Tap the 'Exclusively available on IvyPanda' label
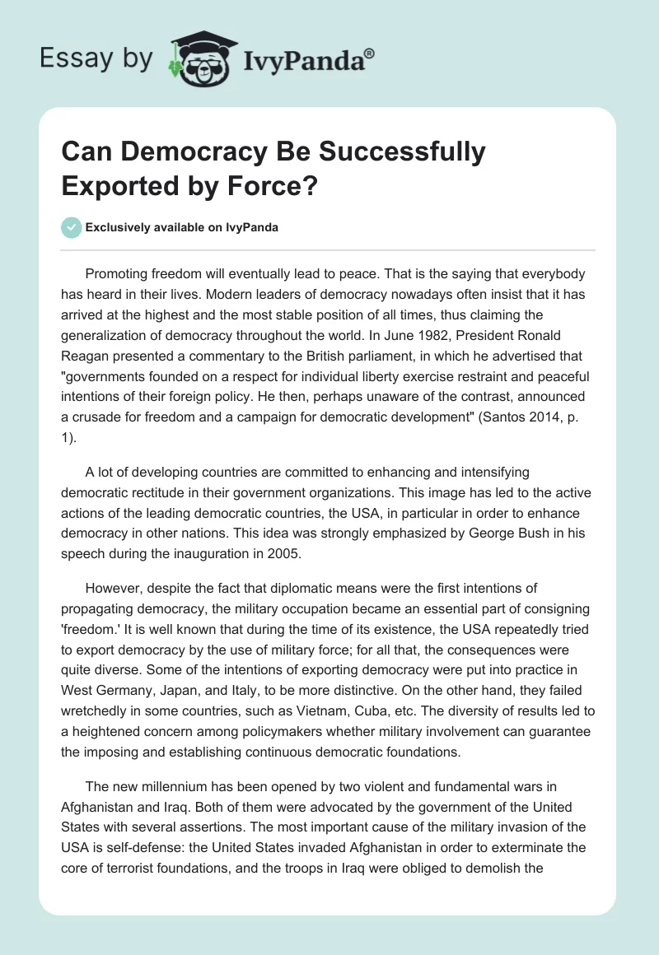click(x=181, y=227)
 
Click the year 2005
click(x=284, y=554)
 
